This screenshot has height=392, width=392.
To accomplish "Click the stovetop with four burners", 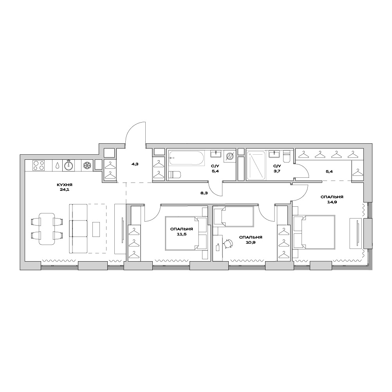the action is point(38,165).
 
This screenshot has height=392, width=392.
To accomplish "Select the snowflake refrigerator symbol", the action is point(87,165).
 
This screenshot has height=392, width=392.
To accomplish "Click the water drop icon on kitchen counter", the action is point(58,166).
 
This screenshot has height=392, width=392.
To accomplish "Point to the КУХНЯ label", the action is point(65,185).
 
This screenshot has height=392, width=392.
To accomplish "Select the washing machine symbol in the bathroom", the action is point(229,157).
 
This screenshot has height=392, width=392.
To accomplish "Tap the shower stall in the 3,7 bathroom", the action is point(256,165).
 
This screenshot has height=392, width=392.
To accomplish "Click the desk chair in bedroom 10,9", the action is point(228,243).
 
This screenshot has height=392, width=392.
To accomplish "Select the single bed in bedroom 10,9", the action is point(234,217).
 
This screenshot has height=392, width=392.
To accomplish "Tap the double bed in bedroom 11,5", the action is point(186,233).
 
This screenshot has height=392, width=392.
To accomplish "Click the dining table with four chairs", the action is point(47,229).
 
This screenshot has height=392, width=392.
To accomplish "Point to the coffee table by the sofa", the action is point(96,229).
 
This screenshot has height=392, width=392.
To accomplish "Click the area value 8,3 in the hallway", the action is point(204,193).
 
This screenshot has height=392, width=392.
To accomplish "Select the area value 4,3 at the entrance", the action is point(135,164).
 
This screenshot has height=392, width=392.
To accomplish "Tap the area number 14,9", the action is point(332,202).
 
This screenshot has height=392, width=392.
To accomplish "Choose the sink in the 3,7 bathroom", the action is point(274,154).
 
